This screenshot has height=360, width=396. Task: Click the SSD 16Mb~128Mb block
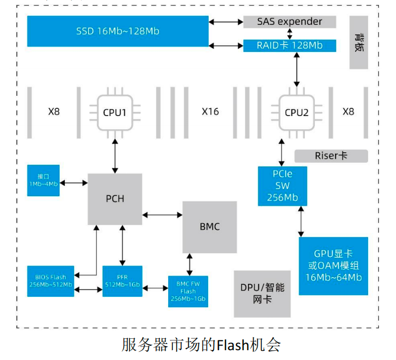118,31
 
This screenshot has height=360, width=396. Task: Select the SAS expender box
290,22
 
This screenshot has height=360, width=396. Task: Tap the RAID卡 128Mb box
290,46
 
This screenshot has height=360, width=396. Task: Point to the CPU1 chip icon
114,112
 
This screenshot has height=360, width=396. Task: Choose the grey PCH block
115,199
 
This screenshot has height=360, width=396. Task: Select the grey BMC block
210,227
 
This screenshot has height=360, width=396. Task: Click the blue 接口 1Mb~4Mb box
43,181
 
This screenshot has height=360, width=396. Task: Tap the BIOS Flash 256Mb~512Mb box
50,281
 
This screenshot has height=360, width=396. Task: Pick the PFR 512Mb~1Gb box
122,281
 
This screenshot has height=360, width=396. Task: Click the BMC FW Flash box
188,291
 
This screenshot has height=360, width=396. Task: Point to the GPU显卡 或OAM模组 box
333,266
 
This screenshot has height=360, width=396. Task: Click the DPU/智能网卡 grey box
262,294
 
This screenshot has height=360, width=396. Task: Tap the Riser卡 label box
331,156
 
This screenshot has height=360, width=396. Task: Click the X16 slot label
210,111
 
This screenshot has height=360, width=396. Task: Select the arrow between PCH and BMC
162,213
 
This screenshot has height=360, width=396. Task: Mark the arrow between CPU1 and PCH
114,156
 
